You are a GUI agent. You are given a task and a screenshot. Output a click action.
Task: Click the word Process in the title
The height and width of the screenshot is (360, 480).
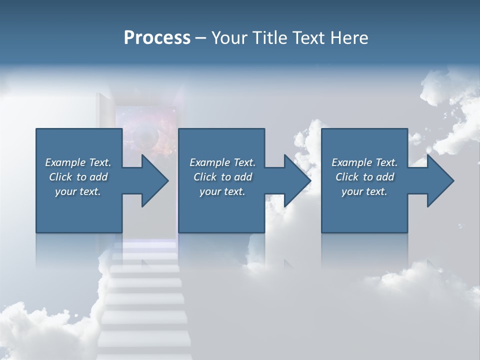157,38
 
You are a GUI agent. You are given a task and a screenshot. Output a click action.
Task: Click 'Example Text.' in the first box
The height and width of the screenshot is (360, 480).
78,162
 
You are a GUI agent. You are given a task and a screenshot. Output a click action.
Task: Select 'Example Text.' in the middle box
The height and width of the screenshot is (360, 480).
222,162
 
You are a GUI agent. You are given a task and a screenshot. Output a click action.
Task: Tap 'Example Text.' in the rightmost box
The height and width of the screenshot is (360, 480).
364,162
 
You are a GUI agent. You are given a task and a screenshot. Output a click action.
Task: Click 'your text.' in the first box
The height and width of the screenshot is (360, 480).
78,191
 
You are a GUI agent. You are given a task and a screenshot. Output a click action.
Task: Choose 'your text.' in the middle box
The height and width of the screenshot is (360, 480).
222,191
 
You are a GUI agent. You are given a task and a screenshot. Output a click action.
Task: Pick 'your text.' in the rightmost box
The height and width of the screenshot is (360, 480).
364,191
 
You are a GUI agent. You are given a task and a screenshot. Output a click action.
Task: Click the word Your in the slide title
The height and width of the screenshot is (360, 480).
228,38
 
